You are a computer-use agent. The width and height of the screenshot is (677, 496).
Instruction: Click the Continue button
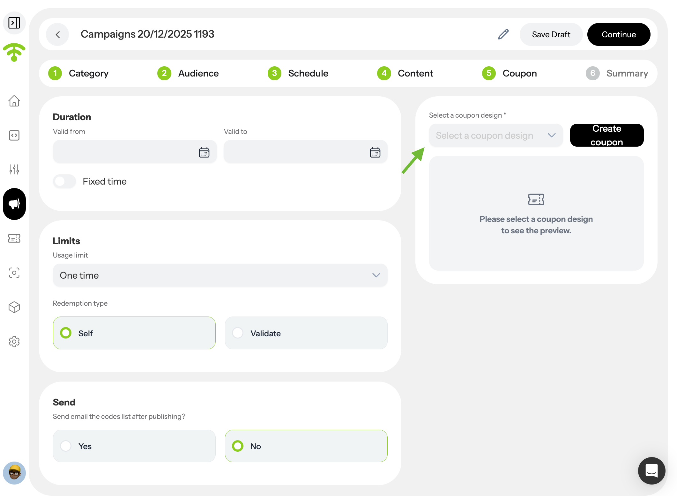pos(619,34)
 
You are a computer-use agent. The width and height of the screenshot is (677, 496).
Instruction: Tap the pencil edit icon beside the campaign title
pos(503,34)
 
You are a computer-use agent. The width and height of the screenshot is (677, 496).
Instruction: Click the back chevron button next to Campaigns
pos(57,34)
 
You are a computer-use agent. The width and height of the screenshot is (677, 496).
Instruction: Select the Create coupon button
pos(607,135)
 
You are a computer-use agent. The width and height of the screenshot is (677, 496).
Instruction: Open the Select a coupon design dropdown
pos(496,135)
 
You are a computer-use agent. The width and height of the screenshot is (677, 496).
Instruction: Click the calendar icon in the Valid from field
pos(204,152)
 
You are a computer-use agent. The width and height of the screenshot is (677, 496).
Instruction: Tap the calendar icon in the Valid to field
pos(375,152)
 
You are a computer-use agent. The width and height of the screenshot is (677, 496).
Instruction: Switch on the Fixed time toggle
pos(64,181)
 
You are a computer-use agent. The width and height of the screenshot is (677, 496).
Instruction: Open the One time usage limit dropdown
pos(220,275)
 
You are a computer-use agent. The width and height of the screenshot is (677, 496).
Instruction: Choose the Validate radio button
pos(238,333)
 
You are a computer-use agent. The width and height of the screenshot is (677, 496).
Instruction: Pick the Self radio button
pos(66,333)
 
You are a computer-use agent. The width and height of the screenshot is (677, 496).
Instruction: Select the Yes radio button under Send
pos(66,446)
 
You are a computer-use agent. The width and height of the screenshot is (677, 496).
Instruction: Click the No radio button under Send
pos(238,446)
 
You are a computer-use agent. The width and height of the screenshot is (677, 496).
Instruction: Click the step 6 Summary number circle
pos(593,73)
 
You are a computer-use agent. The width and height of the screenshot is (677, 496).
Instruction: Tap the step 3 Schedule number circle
pos(274,73)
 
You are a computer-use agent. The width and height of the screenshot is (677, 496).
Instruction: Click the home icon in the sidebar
pos(14,101)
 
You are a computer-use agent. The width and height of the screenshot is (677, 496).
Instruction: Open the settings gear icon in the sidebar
pos(14,341)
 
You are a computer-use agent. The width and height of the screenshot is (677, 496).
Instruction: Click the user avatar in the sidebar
pos(14,473)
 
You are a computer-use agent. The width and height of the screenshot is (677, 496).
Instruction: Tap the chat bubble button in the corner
pos(651,470)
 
